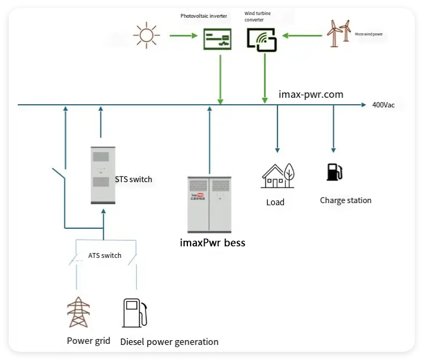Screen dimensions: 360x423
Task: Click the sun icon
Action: coord(147,35)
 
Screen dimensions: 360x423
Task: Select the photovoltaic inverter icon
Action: coord(217,39)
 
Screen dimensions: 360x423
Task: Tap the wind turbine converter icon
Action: coord(261,39)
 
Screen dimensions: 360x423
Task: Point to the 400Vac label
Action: coord(383,105)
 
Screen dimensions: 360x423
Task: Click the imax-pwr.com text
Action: coord(311,95)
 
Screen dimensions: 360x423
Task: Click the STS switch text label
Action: coord(134,179)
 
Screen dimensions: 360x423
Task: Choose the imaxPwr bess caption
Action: coord(212,243)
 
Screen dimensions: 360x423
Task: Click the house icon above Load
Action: coord(277,176)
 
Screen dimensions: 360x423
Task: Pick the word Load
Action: coord(275,203)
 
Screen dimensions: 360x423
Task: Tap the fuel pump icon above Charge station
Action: coord(334,172)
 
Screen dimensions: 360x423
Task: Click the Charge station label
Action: coord(345,200)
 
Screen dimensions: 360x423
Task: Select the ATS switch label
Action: coord(105,255)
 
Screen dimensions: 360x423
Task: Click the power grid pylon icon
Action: coord(78,312)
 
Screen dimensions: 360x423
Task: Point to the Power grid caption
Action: coord(89,341)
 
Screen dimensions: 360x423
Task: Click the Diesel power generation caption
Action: coord(169,342)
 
